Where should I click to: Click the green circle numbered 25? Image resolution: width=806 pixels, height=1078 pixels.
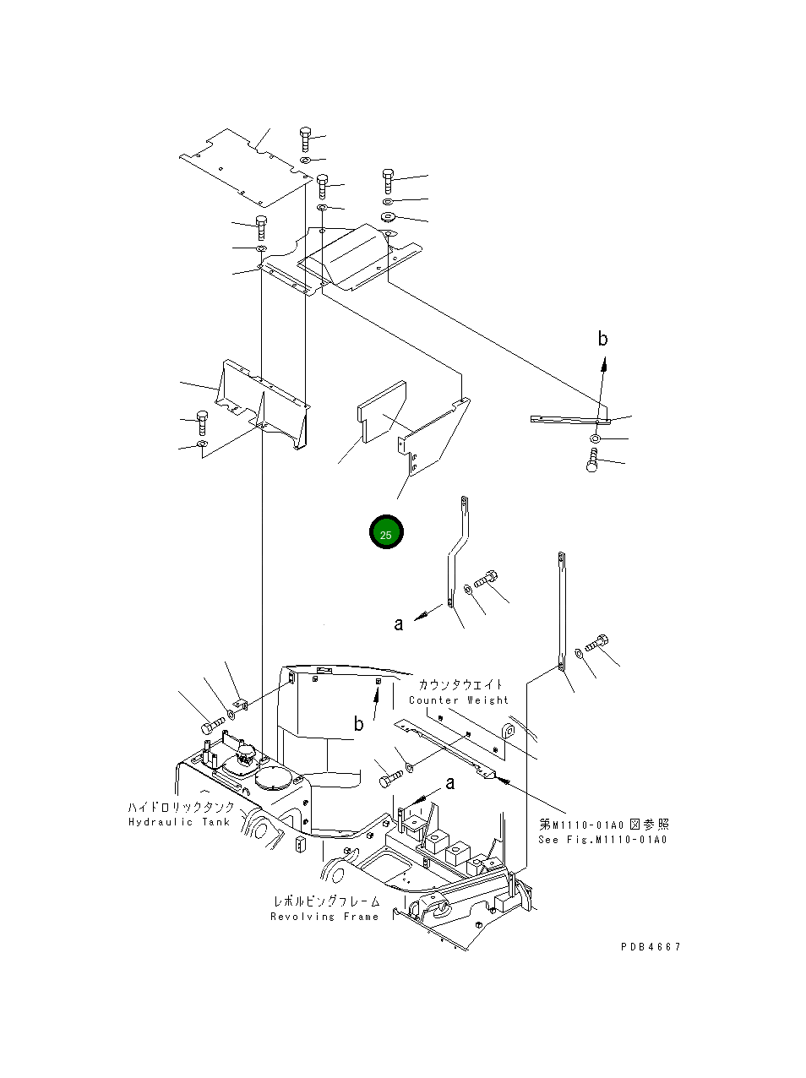point(386,532)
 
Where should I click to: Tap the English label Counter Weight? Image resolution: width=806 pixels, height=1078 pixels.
point(459,700)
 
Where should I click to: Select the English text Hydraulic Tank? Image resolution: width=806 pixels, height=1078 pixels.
point(179,822)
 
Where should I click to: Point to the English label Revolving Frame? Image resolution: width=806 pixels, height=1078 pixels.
point(324,917)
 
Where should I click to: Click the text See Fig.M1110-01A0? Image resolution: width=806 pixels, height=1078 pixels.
point(602,840)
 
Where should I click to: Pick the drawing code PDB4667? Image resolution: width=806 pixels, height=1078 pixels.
point(651,946)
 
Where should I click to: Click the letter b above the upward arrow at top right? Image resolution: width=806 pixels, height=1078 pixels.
point(602,339)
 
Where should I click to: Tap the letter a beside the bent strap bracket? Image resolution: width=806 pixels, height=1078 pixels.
point(398,624)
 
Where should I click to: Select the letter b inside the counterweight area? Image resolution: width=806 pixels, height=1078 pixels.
point(359,724)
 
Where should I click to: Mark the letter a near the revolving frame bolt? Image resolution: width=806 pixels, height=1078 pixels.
point(449,783)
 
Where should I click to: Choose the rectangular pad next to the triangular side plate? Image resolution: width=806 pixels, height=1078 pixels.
point(381,411)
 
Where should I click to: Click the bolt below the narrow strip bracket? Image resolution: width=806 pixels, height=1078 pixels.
point(593,461)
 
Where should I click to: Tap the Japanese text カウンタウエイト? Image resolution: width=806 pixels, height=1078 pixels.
point(460,685)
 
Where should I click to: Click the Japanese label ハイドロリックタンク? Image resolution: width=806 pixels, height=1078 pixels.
point(181,808)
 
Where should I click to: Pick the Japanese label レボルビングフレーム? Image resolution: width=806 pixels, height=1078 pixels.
point(325,902)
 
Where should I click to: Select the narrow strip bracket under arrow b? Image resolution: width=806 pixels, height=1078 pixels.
point(569,418)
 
